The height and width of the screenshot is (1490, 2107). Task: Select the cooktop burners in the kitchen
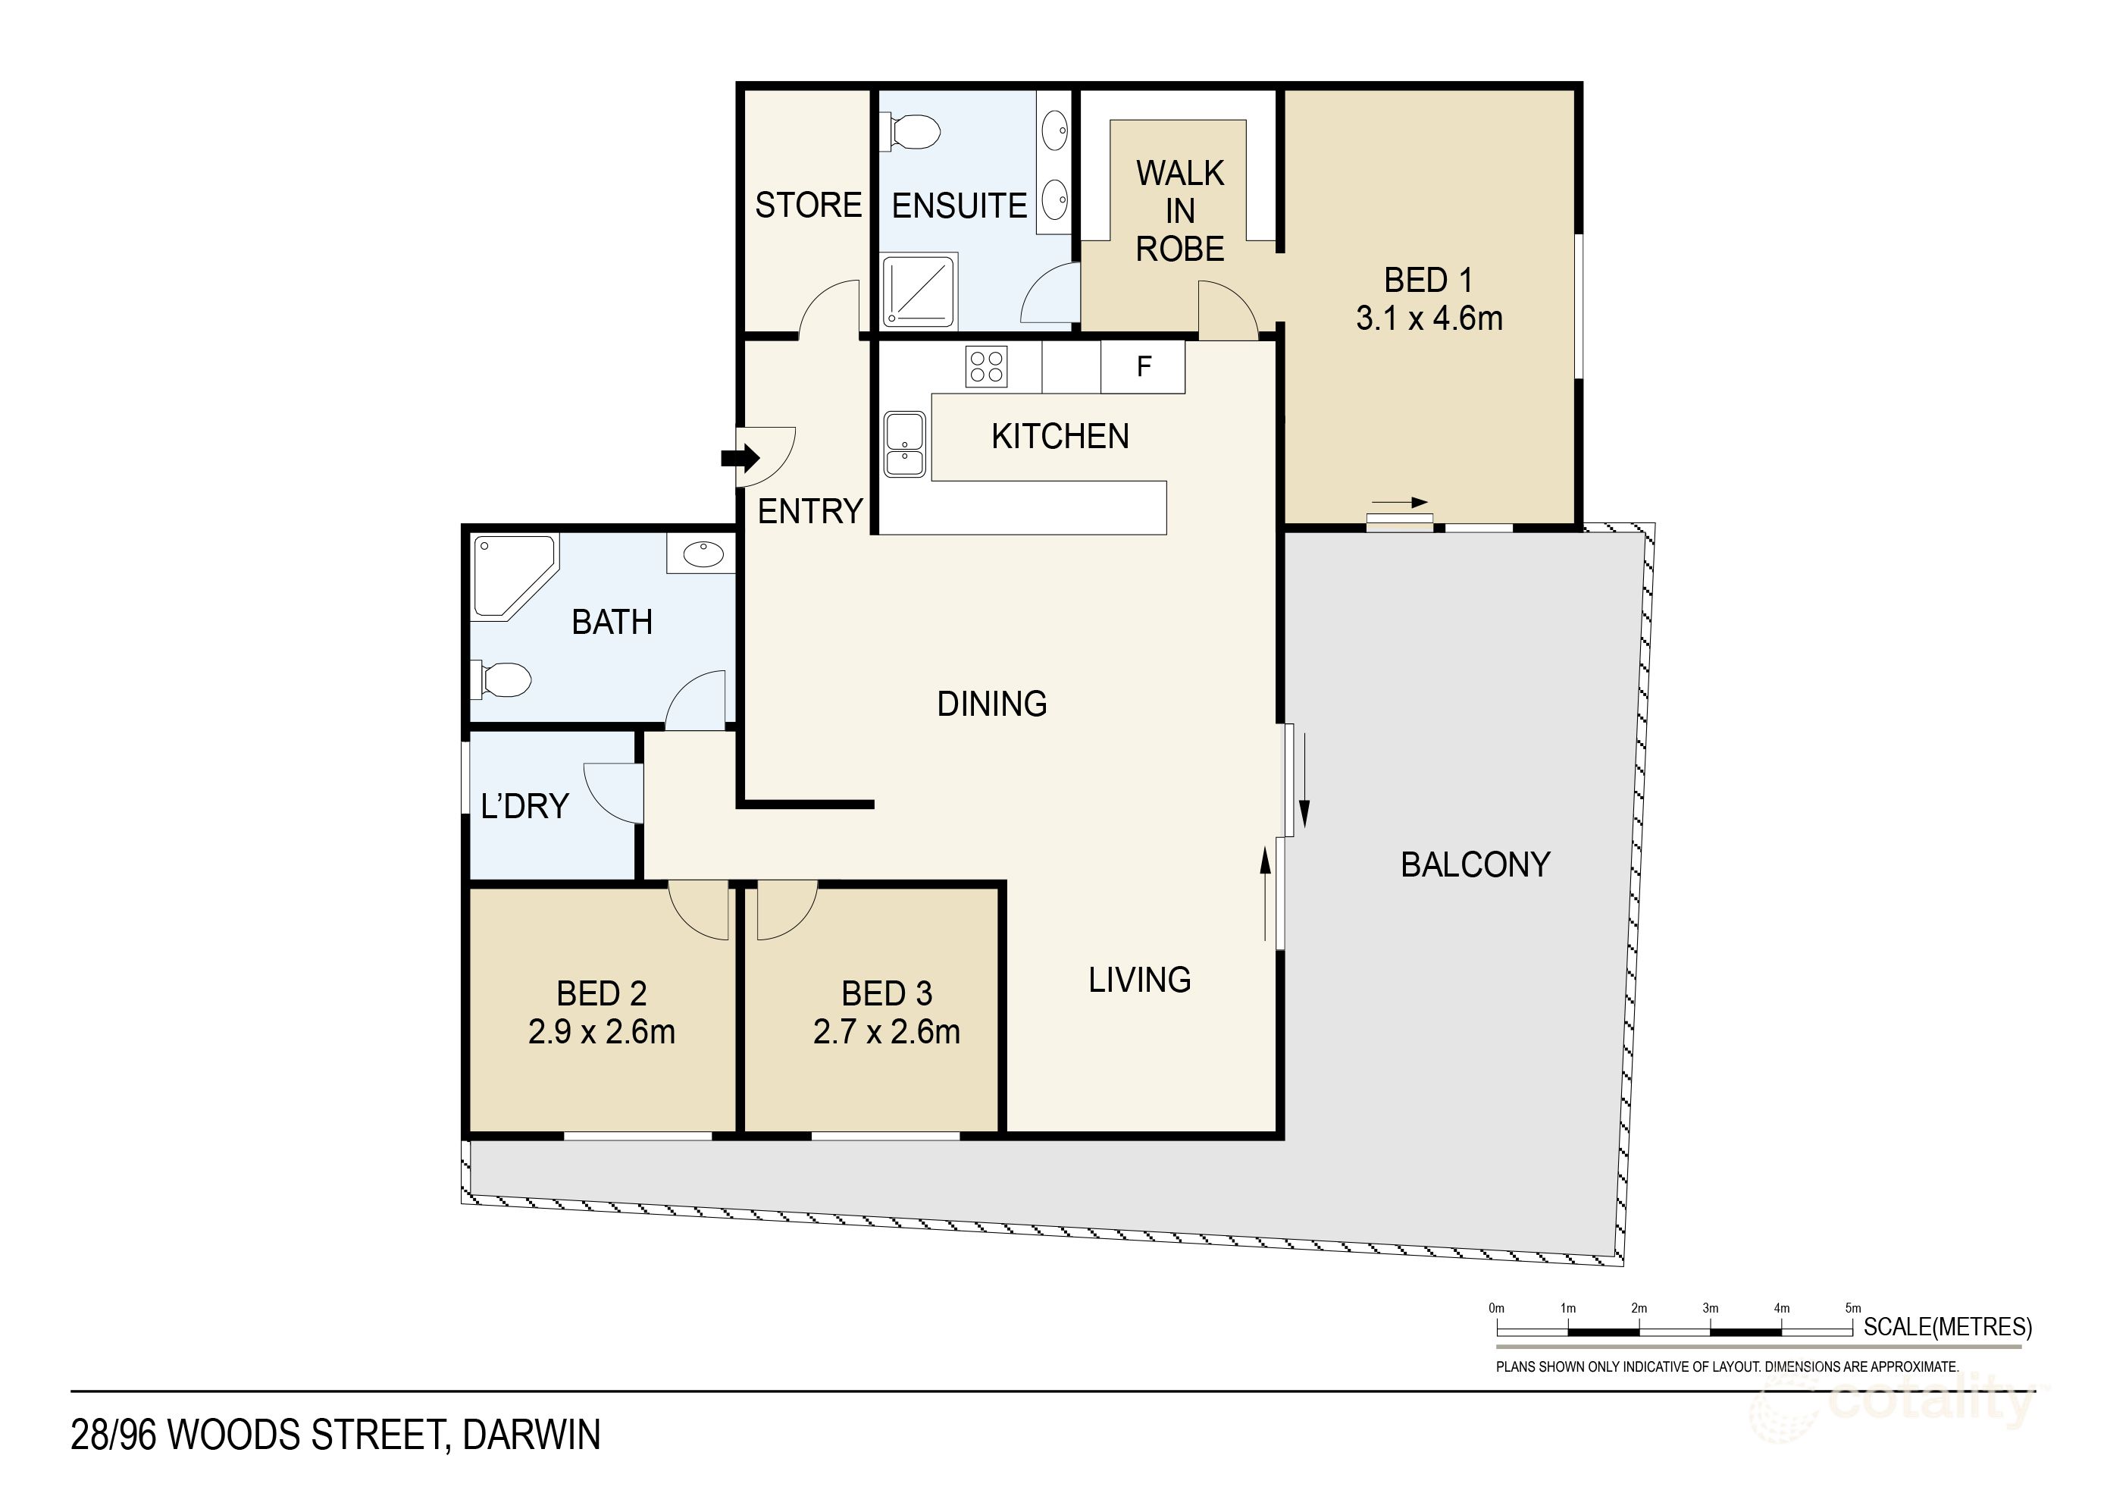pos(987,366)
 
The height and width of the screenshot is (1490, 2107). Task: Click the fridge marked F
pos(1144,366)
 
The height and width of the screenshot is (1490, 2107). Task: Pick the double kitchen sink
pos(905,444)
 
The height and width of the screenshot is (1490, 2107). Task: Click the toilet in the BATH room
pos(502,680)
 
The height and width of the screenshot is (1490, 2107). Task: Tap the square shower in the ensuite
pos(919,290)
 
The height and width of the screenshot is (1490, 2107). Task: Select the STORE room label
pos(808,205)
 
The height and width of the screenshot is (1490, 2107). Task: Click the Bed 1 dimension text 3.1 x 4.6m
pos(1429,318)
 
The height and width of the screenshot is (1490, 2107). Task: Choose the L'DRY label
pos(524,806)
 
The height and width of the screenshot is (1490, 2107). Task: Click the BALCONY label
pos(1475,864)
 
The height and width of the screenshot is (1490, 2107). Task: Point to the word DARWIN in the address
pos(531,1435)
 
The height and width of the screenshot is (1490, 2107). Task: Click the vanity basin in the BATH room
pos(703,554)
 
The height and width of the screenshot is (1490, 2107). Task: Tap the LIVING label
pos(1139,980)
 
